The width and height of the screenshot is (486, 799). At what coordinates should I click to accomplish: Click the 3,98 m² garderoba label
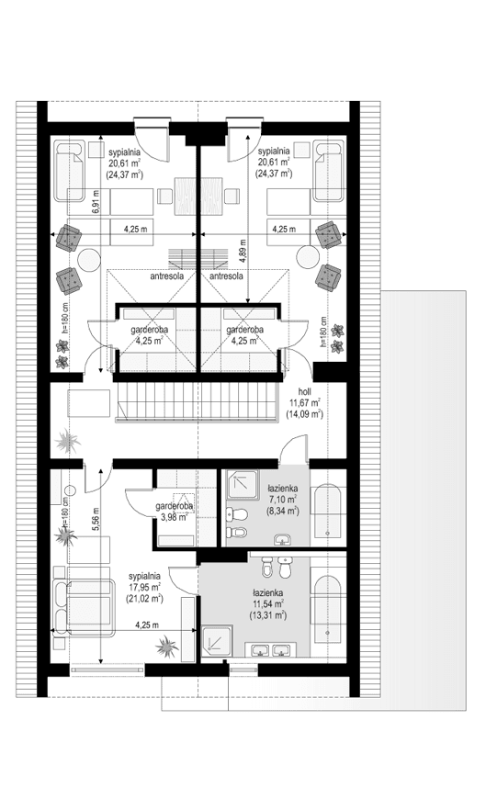(x=174, y=512)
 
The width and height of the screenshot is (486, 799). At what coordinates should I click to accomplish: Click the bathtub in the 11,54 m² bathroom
(x=327, y=608)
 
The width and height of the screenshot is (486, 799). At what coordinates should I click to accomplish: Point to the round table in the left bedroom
(x=88, y=259)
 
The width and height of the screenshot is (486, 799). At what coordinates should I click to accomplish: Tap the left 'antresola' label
(x=166, y=276)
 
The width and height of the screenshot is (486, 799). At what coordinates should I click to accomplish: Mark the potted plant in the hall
(x=67, y=443)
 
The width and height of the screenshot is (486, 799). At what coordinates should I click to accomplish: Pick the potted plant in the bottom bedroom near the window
(x=165, y=648)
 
